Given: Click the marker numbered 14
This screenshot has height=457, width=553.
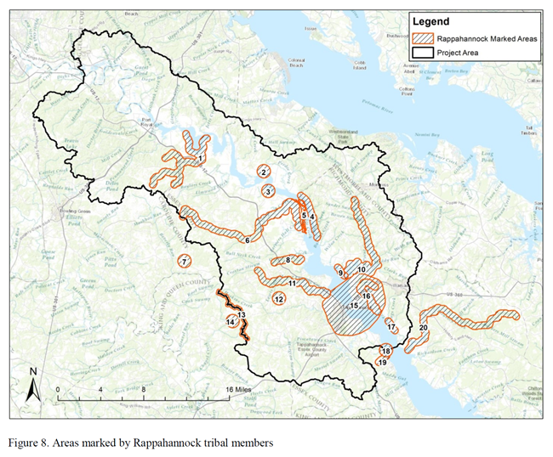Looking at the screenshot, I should point(231,322).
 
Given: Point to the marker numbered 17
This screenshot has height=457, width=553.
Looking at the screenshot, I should point(391,327).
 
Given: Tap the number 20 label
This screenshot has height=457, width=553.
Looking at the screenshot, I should point(424,328).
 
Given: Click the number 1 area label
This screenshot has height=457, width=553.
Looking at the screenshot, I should point(199,159).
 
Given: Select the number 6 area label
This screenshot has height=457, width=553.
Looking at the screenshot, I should point(247,240).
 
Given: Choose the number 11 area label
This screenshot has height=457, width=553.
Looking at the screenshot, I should point(293,283).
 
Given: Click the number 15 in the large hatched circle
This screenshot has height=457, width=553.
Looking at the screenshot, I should point(355,306).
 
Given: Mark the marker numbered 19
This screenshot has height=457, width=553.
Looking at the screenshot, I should point(382,362).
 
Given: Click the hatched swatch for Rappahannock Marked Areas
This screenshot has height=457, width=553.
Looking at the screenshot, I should point(422,38).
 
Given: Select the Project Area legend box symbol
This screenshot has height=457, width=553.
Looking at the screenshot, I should point(422,53).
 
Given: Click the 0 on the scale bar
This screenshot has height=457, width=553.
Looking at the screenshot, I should point(57,389).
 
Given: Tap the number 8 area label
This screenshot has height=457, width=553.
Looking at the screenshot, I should point(289,260).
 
